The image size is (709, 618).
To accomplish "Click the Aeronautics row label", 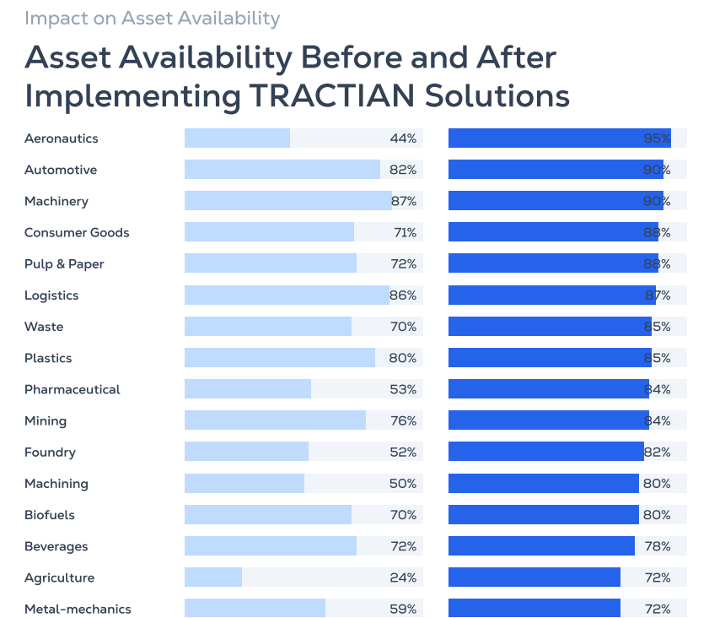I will coord(61,138).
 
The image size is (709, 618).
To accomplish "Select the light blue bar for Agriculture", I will coord(213,577).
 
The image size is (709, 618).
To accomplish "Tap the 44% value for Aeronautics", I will coord(403,138).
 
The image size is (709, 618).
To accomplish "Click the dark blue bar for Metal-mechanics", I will coord(534,609).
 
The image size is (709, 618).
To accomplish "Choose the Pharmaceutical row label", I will coord(72,389).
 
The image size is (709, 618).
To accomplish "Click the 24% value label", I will coord(403,577).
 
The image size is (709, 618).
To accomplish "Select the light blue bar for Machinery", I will coord(287,201).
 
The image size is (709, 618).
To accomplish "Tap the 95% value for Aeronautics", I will coord(657,138).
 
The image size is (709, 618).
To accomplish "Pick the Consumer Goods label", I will coord(77,232).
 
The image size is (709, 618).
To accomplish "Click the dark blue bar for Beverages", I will coord(541,546).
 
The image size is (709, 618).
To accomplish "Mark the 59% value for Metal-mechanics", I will coord(403,609).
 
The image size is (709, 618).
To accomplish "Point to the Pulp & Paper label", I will coord(64,264).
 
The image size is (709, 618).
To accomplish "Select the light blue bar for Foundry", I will coord(246,452).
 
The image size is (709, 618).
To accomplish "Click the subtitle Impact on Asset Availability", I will coord(152,18).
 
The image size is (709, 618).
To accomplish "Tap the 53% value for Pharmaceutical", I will coord(403,389).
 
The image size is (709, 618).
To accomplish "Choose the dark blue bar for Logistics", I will coord(551,295).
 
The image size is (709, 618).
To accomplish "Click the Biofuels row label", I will coord(50,515).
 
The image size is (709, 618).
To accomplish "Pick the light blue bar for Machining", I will coord(244,484).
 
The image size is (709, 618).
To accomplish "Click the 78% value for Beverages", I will coord(657,546).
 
